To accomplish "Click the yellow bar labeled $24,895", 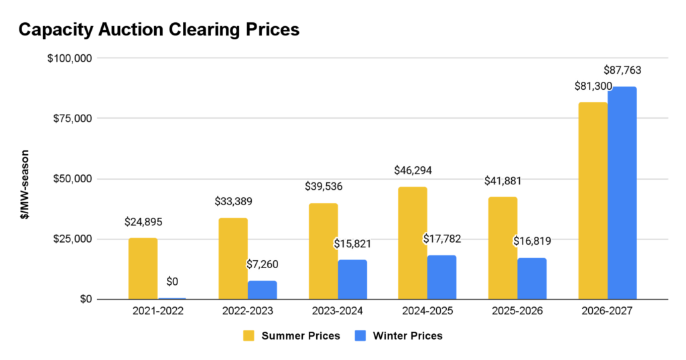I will (143, 268).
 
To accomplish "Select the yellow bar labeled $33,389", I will (233, 258).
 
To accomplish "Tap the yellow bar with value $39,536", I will (323, 251).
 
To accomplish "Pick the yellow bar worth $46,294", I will (413, 243).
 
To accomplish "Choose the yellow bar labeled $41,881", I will (502, 247).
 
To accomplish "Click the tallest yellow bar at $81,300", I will (592, 200).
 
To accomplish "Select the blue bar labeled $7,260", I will (263, 290).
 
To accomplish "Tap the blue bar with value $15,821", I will (353, 279).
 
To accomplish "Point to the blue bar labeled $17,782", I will (442, 277).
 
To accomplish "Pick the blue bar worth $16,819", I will (533, 278).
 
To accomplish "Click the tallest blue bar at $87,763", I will (622, 192).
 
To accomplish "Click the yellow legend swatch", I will (249, 335).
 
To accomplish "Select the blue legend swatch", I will (360, 335).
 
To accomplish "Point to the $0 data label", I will (172, 282).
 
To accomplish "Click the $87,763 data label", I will (623, 70).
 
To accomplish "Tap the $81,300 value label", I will (593, 86).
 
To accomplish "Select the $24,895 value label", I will (143, 221).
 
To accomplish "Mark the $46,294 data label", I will (413, 170).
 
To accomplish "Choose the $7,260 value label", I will (263, 264).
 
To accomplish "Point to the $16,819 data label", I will (533, 241).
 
